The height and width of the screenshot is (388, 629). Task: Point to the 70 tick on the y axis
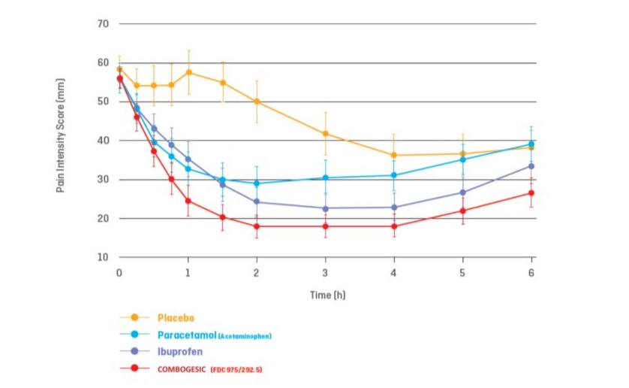point(104,24)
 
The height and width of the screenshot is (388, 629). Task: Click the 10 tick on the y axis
point(104,258)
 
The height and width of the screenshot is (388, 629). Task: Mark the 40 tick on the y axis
point(104,141)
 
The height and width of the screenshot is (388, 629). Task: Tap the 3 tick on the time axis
point(325,271)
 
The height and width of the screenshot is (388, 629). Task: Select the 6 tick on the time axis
point(531,271)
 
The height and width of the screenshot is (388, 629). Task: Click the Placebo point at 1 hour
point(188,72)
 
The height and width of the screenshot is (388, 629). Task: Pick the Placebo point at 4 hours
point(394,155)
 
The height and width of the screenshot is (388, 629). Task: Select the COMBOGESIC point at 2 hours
point(257,226)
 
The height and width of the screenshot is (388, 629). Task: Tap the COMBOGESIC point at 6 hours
point(531,193)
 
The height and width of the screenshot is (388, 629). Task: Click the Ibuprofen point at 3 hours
point(325,208)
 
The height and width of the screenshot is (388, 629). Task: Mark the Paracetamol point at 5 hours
point(462,159)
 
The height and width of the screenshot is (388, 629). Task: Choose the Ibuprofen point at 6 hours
point(531,166)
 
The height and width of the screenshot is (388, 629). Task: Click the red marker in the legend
point(135,368)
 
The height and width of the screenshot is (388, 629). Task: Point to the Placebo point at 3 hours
point(325,134)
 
